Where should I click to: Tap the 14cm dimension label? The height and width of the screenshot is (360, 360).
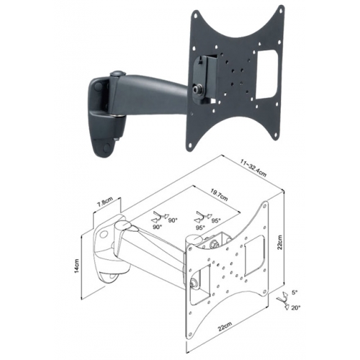(76, 266)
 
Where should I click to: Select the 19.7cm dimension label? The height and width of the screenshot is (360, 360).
(219, 196)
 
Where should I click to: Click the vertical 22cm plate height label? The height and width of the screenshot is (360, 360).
(279, 242)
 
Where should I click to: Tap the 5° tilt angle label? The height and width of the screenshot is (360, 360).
(294, 292)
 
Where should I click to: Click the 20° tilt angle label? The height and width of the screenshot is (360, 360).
(296, 307)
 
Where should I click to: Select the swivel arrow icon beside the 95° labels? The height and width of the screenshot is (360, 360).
(202, 217)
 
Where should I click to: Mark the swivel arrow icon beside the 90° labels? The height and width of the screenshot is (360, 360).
(158, 217)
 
